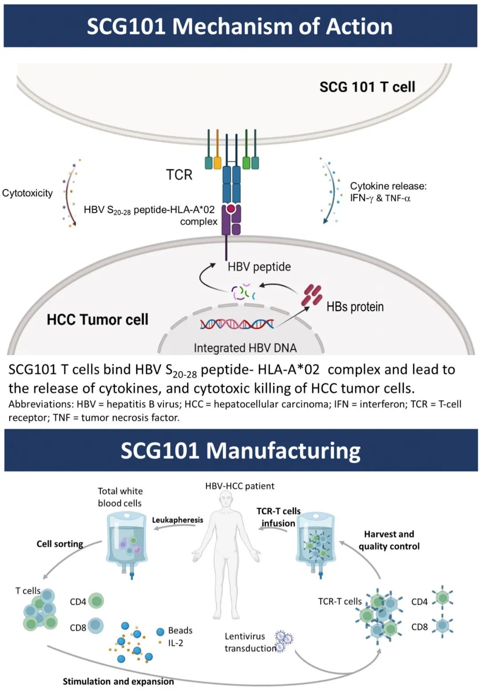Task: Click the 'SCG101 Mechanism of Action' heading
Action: [240, 26]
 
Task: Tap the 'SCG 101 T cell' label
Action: [367, 87]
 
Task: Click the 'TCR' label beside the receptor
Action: [179, 175]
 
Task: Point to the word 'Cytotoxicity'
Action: [27, 193]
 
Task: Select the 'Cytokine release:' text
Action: [388, 186]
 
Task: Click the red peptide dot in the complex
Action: [231, 208]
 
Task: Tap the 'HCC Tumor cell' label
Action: [97, 319]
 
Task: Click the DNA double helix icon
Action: [236, 324]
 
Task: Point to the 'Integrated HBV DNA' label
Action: [245, 348]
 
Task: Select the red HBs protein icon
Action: [312, 296]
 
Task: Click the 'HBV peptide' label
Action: [259, 267]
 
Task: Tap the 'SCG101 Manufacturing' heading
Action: [240, 451]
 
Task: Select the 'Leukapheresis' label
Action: [177, 520]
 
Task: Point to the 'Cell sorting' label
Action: [60, 544]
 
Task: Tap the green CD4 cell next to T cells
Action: [96, 601]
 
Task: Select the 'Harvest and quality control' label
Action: [389, 540]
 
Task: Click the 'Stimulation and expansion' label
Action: [118, 681]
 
